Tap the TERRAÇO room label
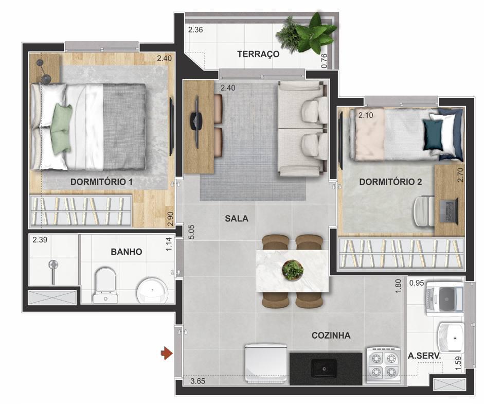(258, 54)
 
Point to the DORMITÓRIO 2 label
(390, 182)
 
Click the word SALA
(236, 218)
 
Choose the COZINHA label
(331, 336)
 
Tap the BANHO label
(126, 252)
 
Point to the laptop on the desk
(449, 210)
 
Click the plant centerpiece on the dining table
(293, 269)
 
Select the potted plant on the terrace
(307, 33)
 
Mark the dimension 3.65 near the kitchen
(198, 382)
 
